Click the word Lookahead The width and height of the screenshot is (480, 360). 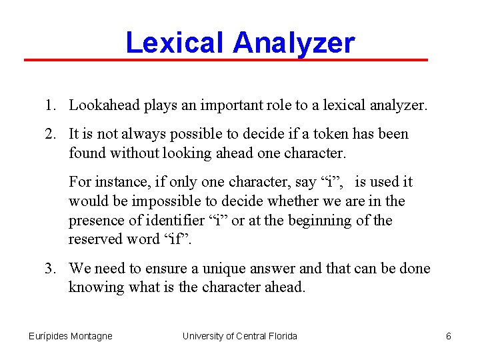click(102, 105)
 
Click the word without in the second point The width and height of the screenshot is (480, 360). click(127, 153)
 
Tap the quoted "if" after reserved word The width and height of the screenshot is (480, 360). click(178, 239)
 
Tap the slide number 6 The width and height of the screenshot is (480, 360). click(449, 336)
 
